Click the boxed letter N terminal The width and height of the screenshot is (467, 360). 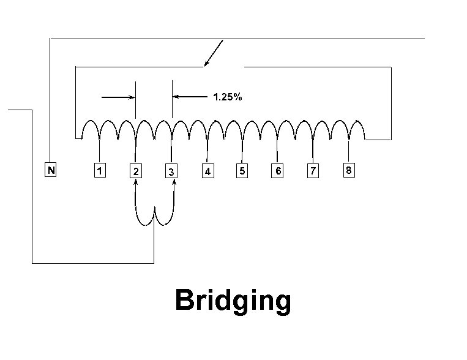(51, 171)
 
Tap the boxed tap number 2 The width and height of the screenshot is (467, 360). (136, 171)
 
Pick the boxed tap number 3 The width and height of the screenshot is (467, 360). (172, 172)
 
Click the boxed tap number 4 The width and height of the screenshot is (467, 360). (208, 171)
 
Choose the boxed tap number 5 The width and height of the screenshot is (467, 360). (242, 171)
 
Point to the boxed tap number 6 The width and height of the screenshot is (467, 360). (278, 171)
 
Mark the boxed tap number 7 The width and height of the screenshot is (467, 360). (313, 171)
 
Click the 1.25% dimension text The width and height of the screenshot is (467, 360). (227, 97)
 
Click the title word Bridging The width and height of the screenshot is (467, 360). (233, 301)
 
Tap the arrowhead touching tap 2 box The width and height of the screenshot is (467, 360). (136, 182)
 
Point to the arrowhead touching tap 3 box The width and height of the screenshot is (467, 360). (174, 182)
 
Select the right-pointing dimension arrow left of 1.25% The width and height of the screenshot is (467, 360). (119, 97)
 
